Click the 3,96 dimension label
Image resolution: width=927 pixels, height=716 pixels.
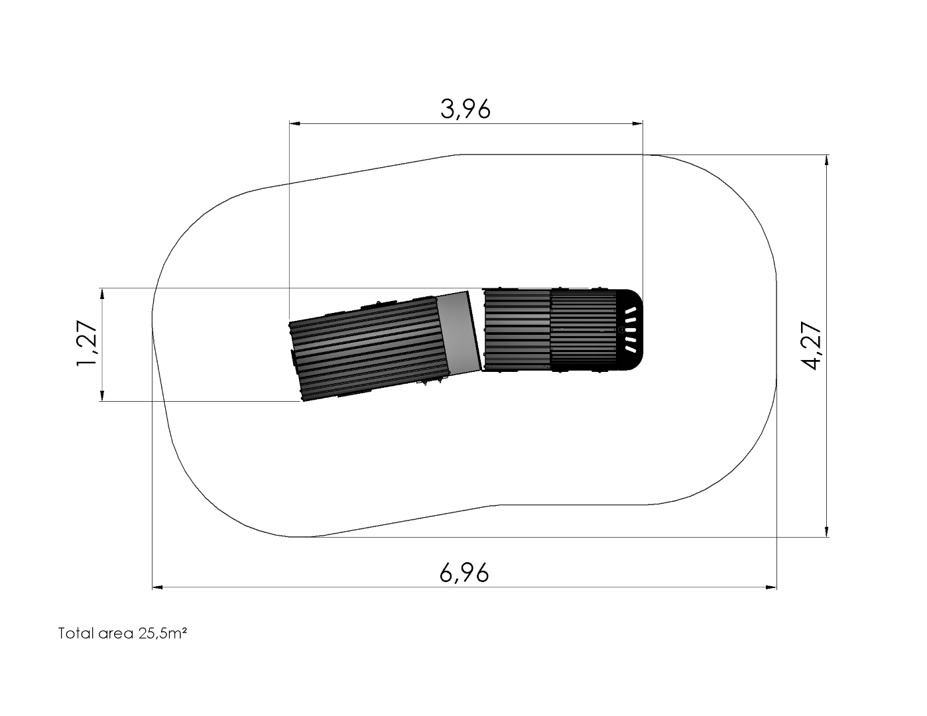(x=465, y=109)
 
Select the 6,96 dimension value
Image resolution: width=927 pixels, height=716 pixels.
(x=464, y=573)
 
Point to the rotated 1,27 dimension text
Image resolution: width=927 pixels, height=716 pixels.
(x=87, y=343)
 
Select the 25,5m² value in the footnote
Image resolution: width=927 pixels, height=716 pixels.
(x=162, y=633)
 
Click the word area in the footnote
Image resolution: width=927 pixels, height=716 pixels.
(x=115, y=634)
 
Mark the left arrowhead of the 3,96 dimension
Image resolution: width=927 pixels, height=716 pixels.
(x=295, y=124)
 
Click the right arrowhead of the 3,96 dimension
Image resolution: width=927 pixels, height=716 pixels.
(x=637, y=124)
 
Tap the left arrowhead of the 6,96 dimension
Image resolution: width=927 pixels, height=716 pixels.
(x=157, y=587)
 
